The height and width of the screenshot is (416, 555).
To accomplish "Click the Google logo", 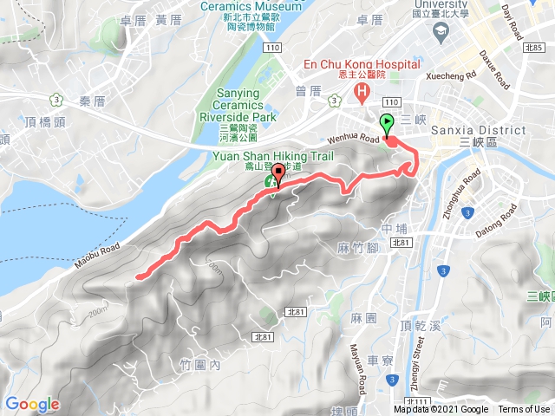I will pyautogui.click(x=32, y=404).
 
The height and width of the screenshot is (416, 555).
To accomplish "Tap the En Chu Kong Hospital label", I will pyautogui.click(x=361, y=64).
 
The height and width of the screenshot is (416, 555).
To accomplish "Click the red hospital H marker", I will pyautogui.click(x=337, y=91).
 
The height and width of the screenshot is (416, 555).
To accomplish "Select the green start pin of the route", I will pyautogui.click(x=387, y=124).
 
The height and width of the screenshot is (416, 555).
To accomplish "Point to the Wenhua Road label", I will pyautogui.click(x=354, y=139).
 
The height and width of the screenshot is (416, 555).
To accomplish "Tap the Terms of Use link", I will pyautogui.click(x=523, y=409).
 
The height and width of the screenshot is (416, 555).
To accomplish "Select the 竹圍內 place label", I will pyautogui.click(x=203, y=365).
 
